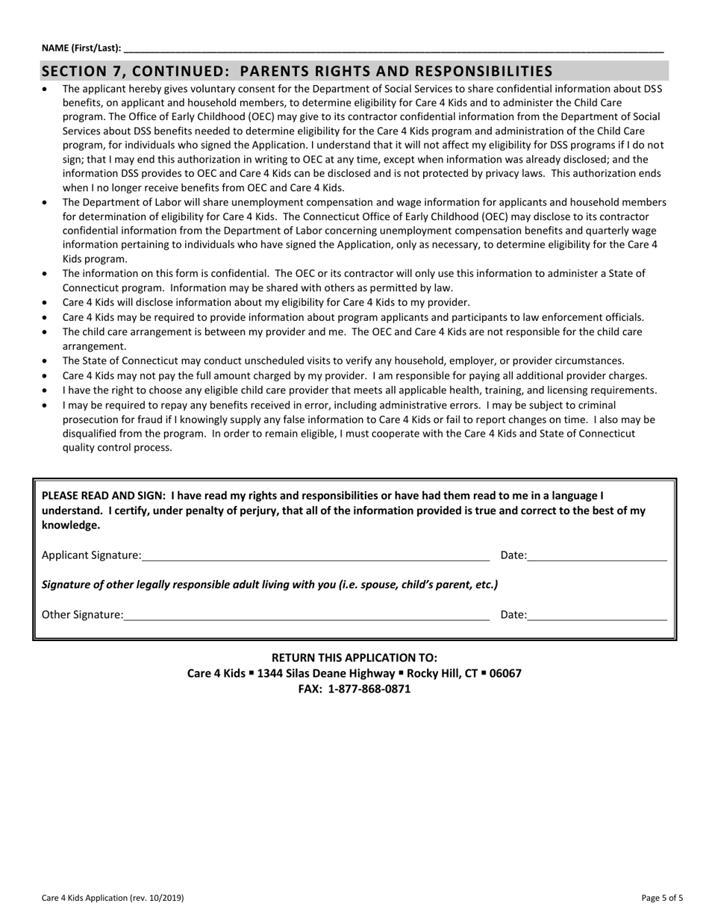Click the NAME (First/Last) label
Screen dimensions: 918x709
81,48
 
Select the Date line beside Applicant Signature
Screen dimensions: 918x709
597,556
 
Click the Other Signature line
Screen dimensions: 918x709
306,616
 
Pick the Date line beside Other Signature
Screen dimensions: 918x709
597,616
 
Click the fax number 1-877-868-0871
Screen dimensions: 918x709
369,689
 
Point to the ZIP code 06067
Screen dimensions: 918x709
505,673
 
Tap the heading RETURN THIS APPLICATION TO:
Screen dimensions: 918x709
354,658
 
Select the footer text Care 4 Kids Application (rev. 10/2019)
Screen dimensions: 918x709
113,898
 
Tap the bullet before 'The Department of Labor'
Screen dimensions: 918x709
46,203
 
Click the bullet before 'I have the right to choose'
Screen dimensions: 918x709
46,391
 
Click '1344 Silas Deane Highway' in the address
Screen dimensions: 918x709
325,673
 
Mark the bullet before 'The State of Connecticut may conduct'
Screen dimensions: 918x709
46,361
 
